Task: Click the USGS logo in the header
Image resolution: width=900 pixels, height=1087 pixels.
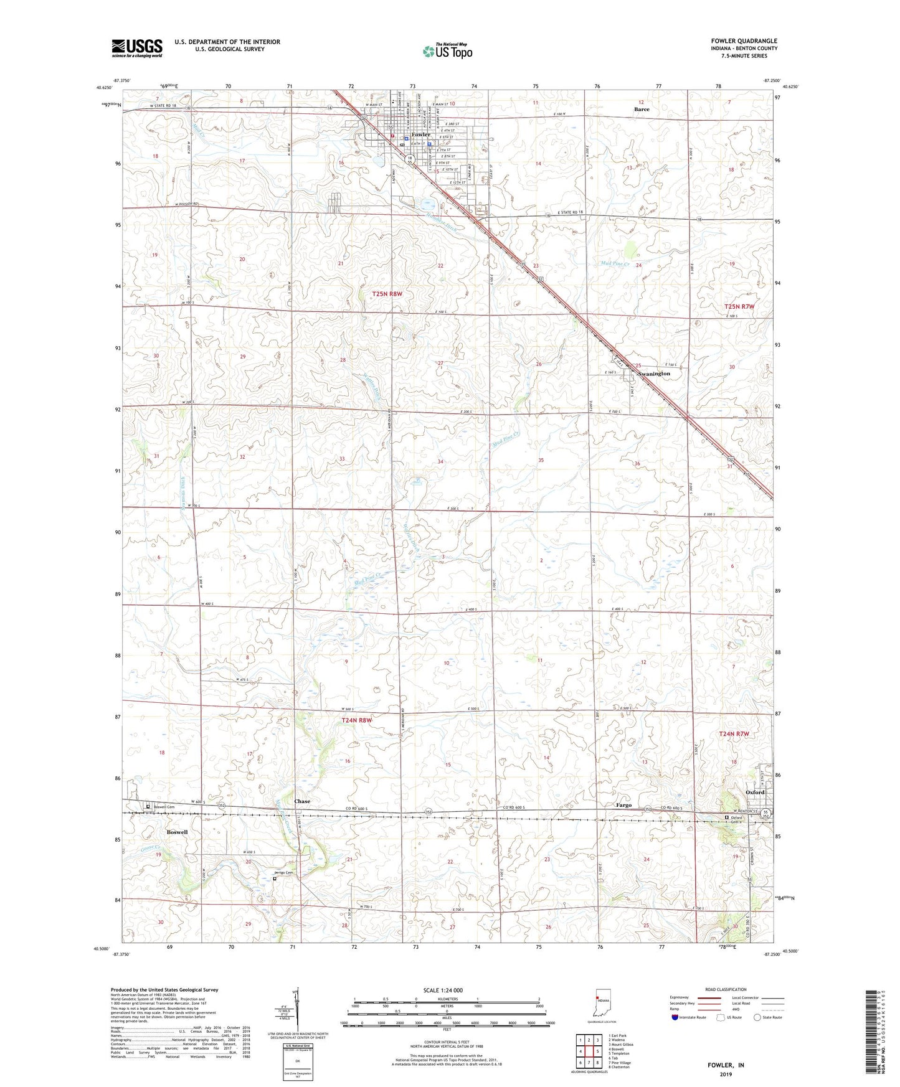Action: coord(137,48)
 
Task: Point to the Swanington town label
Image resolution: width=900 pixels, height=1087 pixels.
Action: coord(653,374)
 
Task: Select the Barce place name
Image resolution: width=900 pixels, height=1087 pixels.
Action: coord(642,110)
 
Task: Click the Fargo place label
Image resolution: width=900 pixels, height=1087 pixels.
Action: coord(623,805)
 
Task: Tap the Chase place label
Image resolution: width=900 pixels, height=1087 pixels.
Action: coord(302,801)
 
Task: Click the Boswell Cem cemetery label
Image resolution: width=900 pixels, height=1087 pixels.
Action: coord(162,807)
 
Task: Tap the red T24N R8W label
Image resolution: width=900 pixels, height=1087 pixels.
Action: coord(356,720)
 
